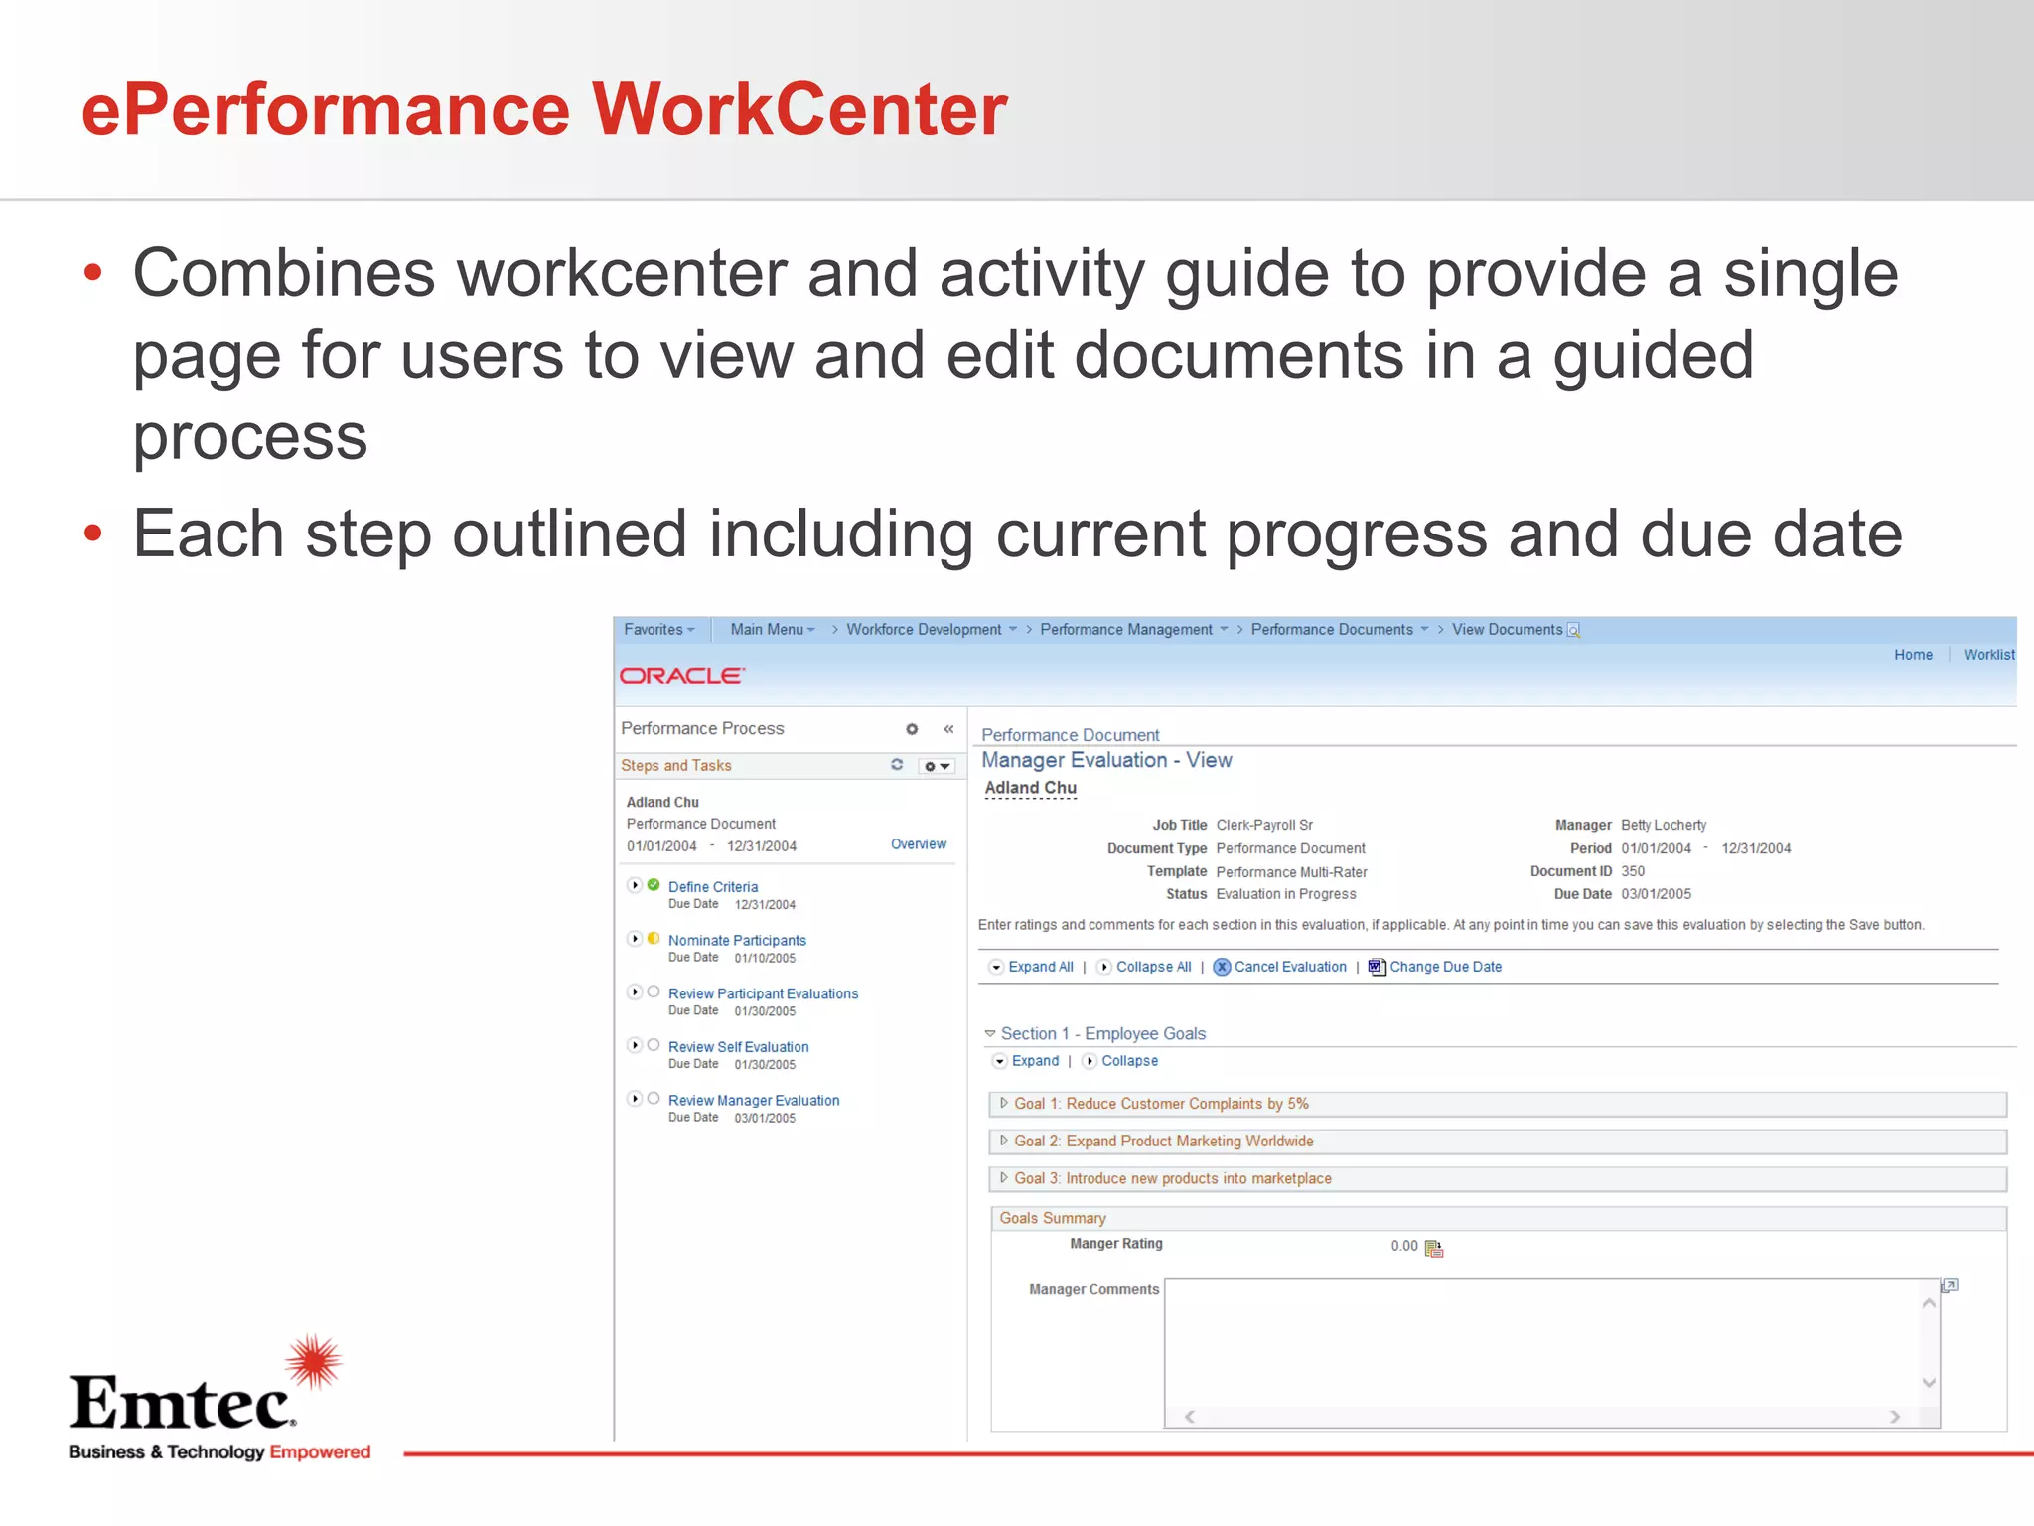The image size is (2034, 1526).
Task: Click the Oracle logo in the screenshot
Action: (x=681, y=676)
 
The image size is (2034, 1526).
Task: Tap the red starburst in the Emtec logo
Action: (x=314, y=1362)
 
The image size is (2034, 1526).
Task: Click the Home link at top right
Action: (x=1913, y=655)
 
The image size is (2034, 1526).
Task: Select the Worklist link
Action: (x=1988, y=655)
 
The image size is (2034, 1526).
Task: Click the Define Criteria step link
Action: (x=712, y=887)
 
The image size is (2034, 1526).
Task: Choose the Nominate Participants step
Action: (x=737, y=941)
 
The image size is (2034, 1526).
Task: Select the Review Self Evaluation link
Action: (x=738, y=1047)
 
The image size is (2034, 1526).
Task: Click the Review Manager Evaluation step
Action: (x=754, y=1101)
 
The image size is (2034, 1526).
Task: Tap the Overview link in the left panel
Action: (x=918, y=844)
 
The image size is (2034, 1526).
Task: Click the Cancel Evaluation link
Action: (x=1289, y=967)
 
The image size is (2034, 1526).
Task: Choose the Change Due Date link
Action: (x=1445, y=967)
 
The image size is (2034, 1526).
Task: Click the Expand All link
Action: (x=1040, y=967)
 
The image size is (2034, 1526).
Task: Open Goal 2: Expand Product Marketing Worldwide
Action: (x=1163, y=1142)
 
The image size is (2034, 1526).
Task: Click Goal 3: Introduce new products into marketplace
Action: (x=1172, y=1179)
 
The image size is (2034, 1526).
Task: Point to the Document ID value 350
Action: (x=1633, y=871)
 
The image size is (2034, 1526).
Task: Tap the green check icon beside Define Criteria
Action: (x=654, y=885)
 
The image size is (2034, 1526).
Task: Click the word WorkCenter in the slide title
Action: (x=799, y=109)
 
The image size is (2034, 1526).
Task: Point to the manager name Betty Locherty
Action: (x=1664, y=825)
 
